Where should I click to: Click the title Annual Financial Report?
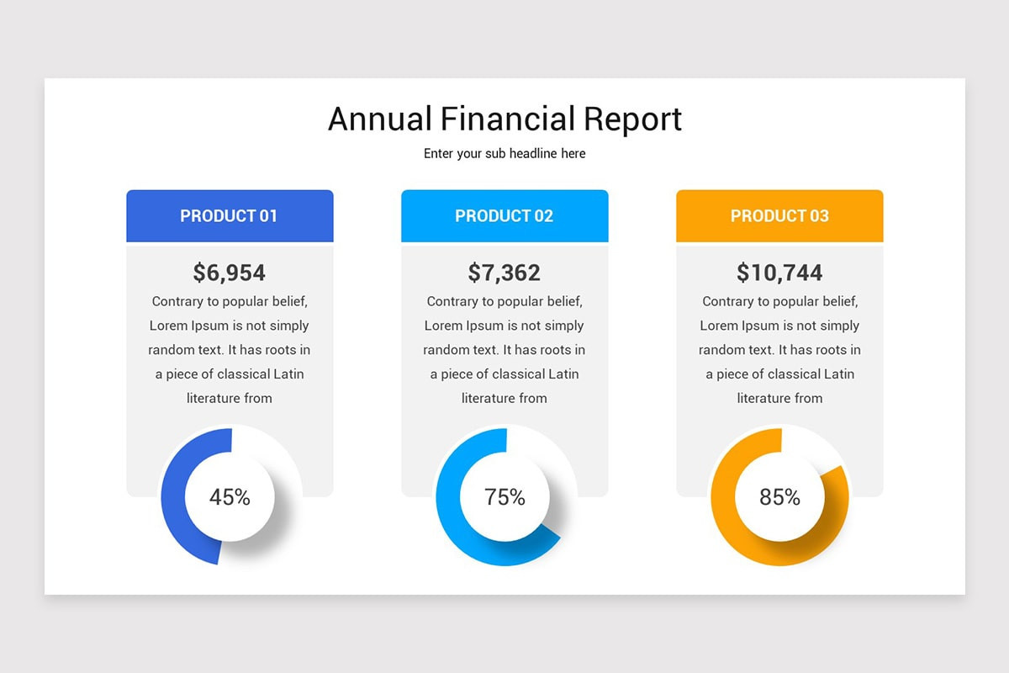point(504,119)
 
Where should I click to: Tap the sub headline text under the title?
point(504,154)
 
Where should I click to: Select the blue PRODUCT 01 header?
point(230,216)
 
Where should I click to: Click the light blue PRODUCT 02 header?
point(504,216)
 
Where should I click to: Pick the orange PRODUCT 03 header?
point(779,216)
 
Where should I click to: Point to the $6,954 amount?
point(230,273)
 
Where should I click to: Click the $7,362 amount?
point(504,273)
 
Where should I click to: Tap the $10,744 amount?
point(779,273)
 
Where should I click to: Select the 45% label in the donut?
point(230,497)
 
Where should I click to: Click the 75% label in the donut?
point(504,497)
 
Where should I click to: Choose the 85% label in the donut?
point(779,497)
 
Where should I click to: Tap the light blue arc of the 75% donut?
point(449,505)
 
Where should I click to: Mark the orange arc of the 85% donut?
point(724,505)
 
